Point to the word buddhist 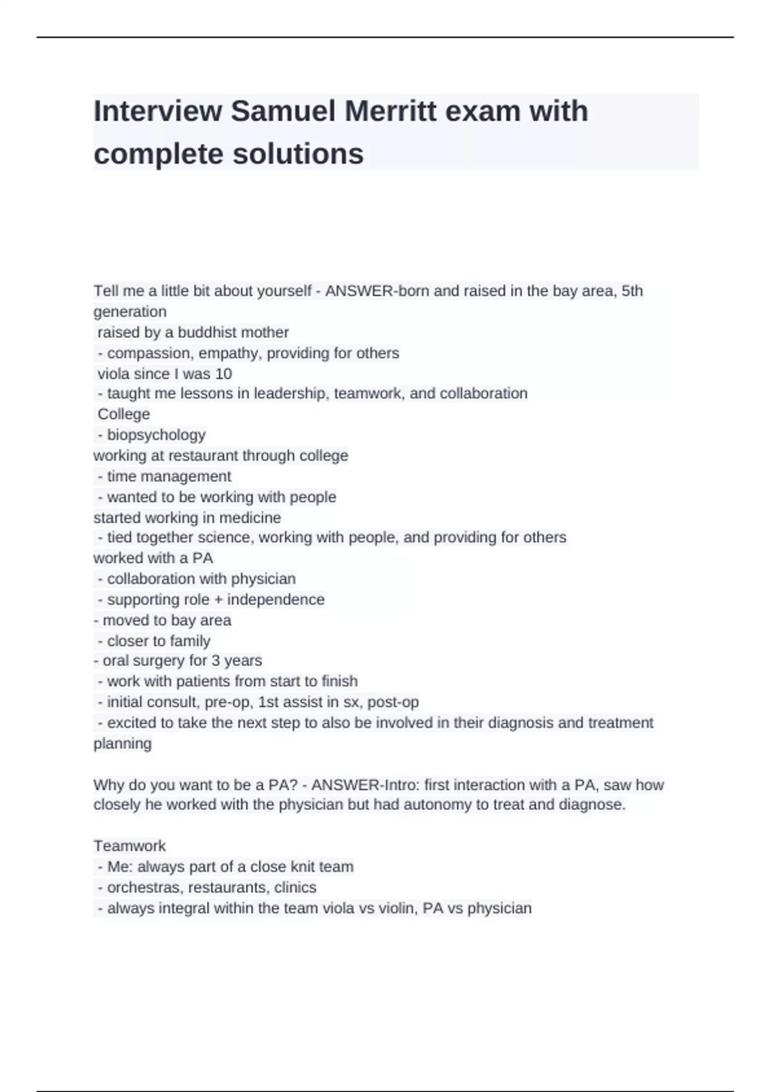tap(208, 332)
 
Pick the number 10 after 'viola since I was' tap(223, 374)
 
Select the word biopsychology tap(156, 435)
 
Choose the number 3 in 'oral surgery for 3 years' tap(216, 660)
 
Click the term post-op tap(393, 702)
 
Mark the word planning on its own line tap(123, 744)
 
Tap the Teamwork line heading tap(129, 846)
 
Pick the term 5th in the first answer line tap(632, 291)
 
